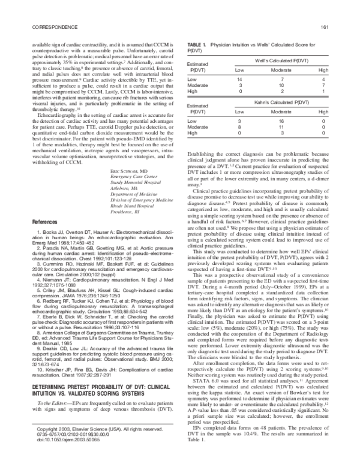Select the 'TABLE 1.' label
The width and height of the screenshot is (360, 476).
click(196, 45)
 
